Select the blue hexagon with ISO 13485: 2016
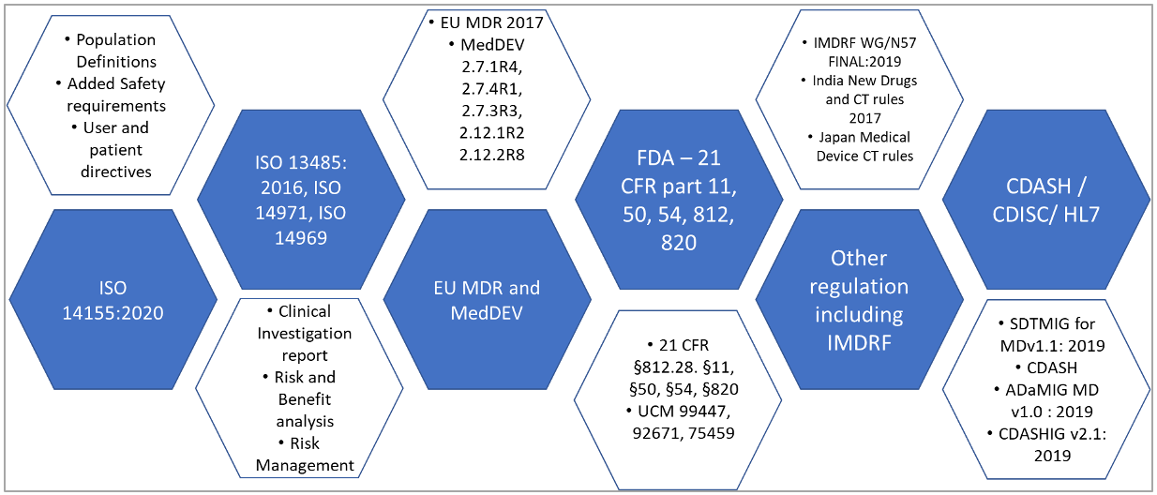click(x=300, y=200)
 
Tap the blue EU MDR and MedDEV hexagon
click(x=486, y=298)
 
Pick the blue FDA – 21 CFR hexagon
click(x=678, y=200)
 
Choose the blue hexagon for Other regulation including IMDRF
click(x=859, y=298)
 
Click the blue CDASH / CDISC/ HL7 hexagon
click(x=1045, y=200)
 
